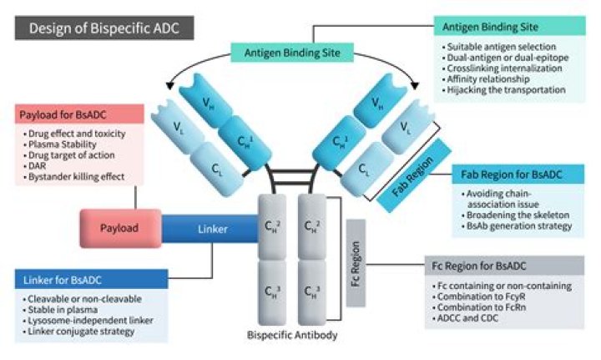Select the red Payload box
[114, 227]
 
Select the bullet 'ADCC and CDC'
[477, 319]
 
